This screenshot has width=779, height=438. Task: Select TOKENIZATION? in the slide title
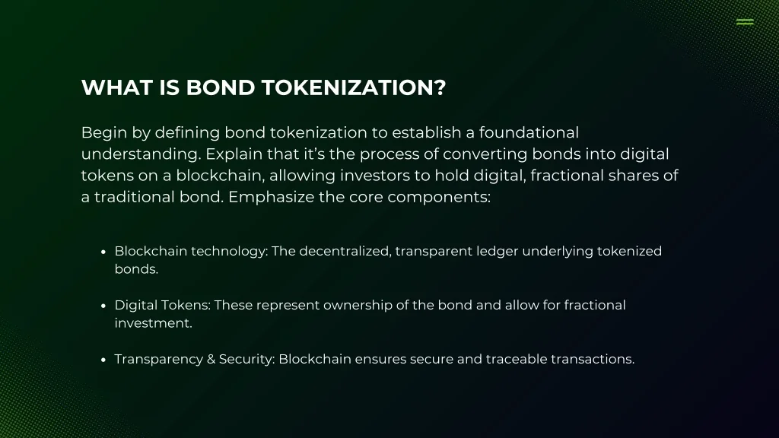click(x=354, y=88)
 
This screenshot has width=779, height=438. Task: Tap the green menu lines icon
click(x=745, y=22)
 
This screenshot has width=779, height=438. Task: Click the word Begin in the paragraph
click(x=102, y=133)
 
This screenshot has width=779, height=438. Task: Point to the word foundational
click(x=529, y=132)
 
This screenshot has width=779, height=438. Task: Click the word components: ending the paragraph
click(x=439, y=198)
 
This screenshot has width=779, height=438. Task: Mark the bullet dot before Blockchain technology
click(x=103, y=252)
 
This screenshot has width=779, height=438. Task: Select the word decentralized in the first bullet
click(x=345, y=251)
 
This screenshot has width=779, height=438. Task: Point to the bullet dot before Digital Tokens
click(x=103, y=306)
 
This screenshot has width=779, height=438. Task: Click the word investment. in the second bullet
click(x=153, y=323)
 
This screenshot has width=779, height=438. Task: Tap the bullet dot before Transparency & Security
click(x=103, y=360)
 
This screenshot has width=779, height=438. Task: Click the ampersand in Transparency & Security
click(x=211, y=359)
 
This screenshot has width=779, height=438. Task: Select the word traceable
click(x=517, y=359)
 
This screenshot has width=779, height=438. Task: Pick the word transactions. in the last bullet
click(x=593, y=359)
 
